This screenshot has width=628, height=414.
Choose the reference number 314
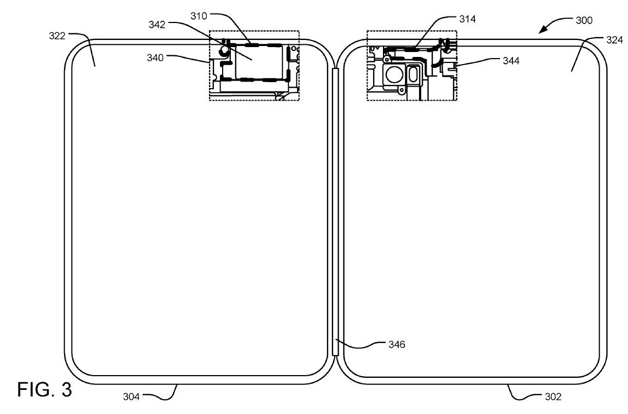tap(468, 19)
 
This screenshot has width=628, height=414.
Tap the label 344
tap(511, 60)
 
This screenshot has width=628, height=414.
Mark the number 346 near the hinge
tap(397, 344)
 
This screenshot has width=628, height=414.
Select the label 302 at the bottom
tap(553, 396)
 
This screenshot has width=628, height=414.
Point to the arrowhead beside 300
tap(542, 31)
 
